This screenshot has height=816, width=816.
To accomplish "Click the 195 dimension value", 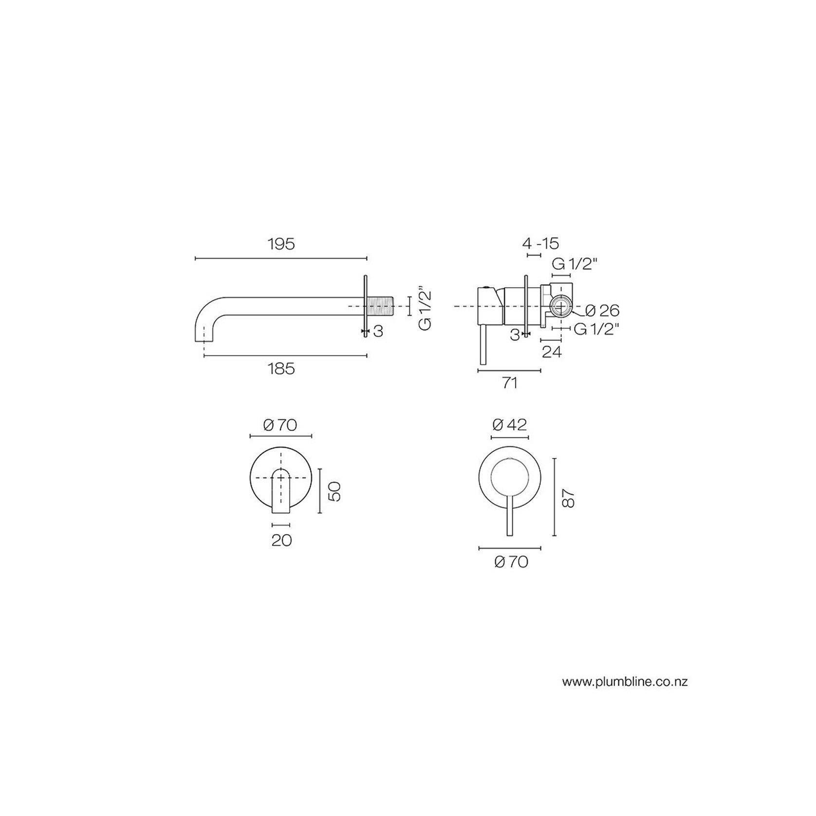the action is [x=281, y=244].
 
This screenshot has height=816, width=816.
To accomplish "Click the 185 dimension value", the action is [x=281, y=369].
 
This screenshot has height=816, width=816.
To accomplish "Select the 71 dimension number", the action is [x=509, y=383].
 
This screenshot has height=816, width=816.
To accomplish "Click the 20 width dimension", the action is [x=281, y=540].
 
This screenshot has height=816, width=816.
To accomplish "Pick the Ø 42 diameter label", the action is [x=509, y=425].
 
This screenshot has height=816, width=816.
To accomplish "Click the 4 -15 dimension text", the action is [x=541, y=243].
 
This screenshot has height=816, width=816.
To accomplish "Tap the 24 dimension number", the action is [x=552, y=352].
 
